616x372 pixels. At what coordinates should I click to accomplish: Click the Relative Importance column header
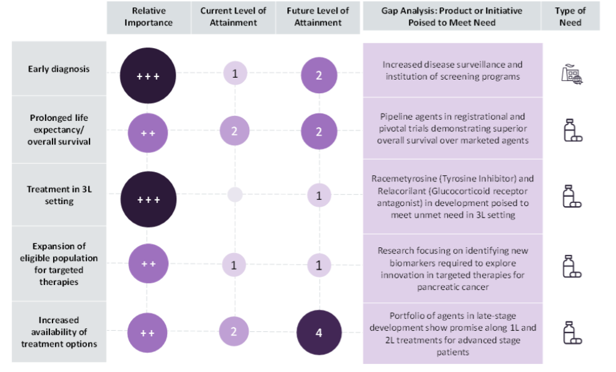[148, 17]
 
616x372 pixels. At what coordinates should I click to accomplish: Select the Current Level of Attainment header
[234, 17]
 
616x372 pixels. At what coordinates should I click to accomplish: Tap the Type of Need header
[570, 17]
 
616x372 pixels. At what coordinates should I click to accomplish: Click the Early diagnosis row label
[59, 69]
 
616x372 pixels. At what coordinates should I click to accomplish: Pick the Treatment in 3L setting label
[59, 196]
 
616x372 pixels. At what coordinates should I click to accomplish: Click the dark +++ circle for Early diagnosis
[148, 76]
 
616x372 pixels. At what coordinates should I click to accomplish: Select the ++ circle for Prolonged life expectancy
[148, 132]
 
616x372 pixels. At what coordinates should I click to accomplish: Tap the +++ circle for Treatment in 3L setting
[148, 199]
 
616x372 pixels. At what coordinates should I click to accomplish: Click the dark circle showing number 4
[319, 333]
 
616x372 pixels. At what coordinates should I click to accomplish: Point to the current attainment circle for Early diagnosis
[234, 75]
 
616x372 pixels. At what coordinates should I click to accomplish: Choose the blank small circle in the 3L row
[235, 195]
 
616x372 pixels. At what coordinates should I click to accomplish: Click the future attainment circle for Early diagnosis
[319, 76]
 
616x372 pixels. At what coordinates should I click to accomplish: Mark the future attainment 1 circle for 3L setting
[319, 195]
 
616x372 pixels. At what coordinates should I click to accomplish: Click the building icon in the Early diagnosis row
[572, 74]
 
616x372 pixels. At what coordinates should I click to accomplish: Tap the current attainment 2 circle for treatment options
[234, 331]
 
